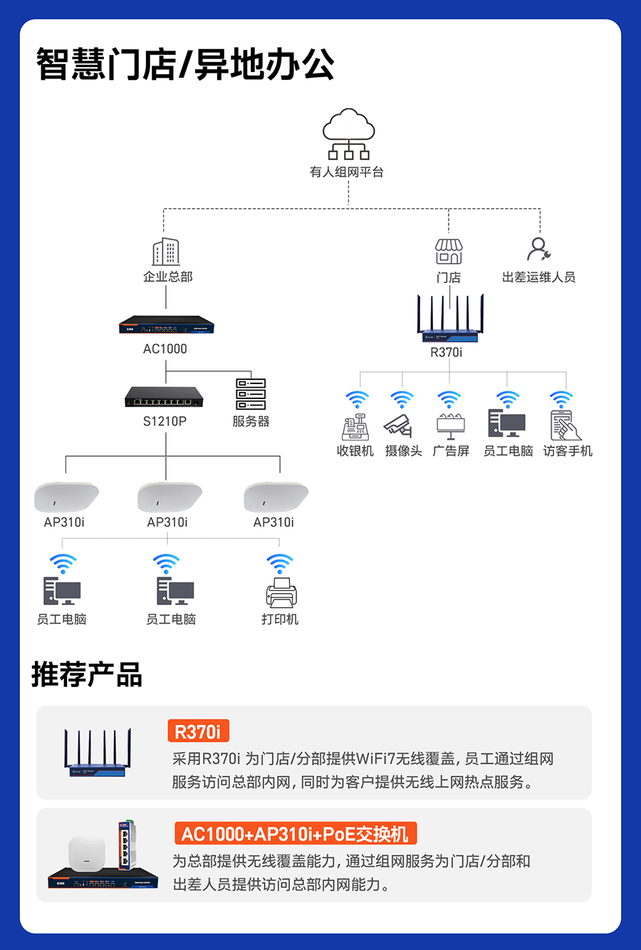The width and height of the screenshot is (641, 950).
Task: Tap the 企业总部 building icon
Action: pyautogui.click(x=166, y=252)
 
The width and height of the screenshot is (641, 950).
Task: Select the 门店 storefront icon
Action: pyautogui.click(x=449, y=252)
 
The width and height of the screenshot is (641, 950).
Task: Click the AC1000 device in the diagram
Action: pyautogui.click(x=167, y=325)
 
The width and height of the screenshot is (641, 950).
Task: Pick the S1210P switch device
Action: pyautogui.click(x=164, y=397)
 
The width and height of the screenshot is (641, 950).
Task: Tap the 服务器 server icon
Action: pyautogui.click(x=251, y=393)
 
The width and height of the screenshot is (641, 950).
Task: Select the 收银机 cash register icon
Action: pyautogui.click(x=355, y=426)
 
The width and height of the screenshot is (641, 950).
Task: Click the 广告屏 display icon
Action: pyautogui.click(x=450, y=426)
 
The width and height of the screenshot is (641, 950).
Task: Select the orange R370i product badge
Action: pyautogui.click(x=197, y=731)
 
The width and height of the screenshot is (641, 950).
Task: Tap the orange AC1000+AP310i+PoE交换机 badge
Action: pyautogui.click(x=295, y=834)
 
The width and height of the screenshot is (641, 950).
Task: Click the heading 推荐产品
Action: pyautogui.click(x=86, y=674)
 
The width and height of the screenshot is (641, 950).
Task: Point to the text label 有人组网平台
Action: pyautogui.click(x=347, y=172)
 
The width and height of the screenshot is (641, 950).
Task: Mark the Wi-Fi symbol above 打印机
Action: pyautogui.click(x=280, y=564)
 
